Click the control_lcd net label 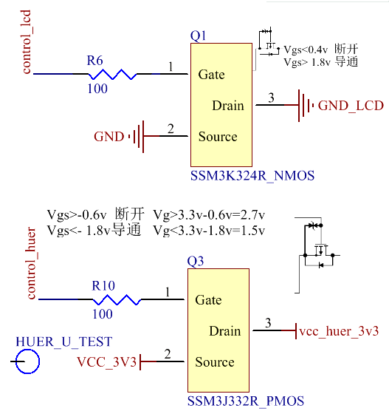tap(27, 42)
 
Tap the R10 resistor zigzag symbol tap(115, 299)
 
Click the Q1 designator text tap(199, 36)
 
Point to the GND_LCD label tap(351, 106)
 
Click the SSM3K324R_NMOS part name tap(252, 176)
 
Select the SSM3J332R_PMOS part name tap(245, 401)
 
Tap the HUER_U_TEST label tap(64, 342)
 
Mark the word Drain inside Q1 tap(227, 106)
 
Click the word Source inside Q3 tap(215, 362)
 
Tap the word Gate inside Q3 tap(208, 300)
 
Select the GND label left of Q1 tap(109, 137)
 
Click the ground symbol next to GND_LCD tap(304, 106)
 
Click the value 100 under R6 tap(97, 89)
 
